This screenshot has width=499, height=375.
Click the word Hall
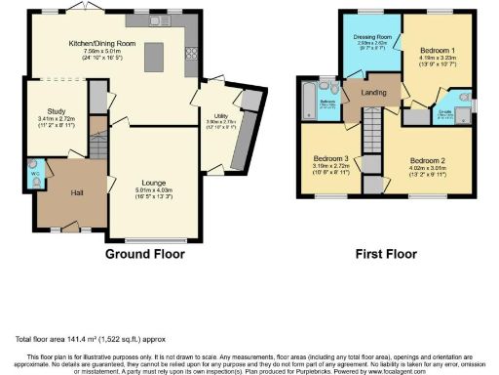point(76,192)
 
